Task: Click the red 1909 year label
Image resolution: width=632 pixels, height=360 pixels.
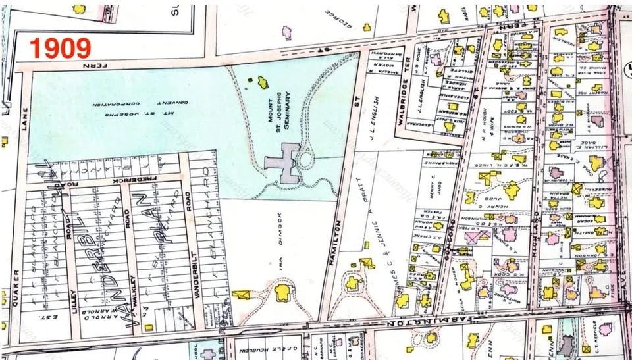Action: (x=60, y=47)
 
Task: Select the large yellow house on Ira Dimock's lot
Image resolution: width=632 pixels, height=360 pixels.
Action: (x=283, y=292)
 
